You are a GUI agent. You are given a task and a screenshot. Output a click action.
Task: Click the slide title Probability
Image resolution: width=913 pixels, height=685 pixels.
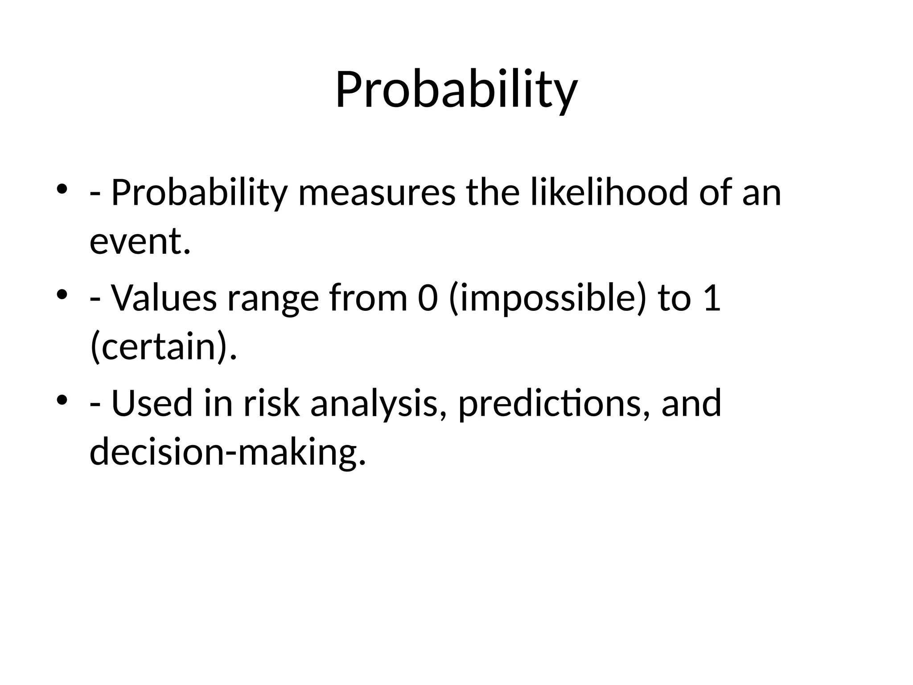pos(456,91)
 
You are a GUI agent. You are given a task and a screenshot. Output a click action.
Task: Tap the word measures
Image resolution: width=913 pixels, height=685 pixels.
pos(377,193)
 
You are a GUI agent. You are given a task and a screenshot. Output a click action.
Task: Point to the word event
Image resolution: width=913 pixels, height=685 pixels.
pos(140,241)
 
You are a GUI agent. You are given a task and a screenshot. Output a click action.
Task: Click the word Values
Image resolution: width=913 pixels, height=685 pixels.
pos(164,298)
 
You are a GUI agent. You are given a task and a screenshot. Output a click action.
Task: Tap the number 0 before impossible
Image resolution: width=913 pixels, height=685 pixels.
pos(428,298)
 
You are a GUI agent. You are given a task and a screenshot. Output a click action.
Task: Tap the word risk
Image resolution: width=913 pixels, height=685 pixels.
pos(271,403)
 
